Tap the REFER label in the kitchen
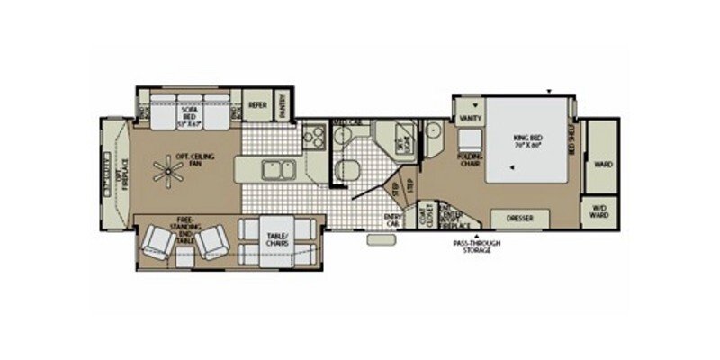click(x=258, y=104)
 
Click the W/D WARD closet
click(x=598, y=214)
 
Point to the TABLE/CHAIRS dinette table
click(x=276, y=239)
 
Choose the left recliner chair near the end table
click(x=159, y=241)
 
